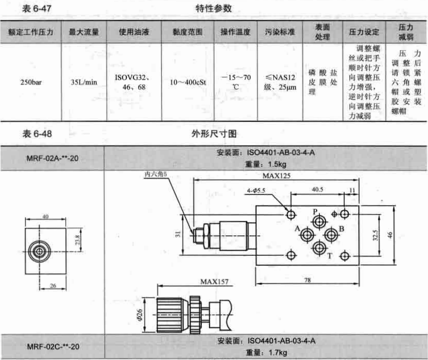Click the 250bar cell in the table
pyautogui.click(x=31, y=82)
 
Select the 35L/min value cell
pyautogui.click(x=84, y=82)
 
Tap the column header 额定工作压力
pyautogui.click(x=31, y=32)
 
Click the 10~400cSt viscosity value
pyautogui.click(x=188, y=82)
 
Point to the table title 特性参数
pyautogui.click(x=213, y=8)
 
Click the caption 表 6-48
pyautogui.click(x=37, y=134)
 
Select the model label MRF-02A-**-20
pyautogui.click(x=52, y=158)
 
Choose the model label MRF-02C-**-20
pyautogui.click(x=53, y=347)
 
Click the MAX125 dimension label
pyautogui.click(x=276, y=176)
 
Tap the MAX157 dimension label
pyautogui.click(x=214, y=282)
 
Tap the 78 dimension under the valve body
pyautogui.click(x=307, y=280)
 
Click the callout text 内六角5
pyautogui.click(x=155, y=174)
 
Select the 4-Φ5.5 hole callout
pyautogui.click(x=256, y=191)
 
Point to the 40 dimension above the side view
pyautogui.click(x=46, y=217)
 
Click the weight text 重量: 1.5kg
pyautogui.click(x=265, y=164)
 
